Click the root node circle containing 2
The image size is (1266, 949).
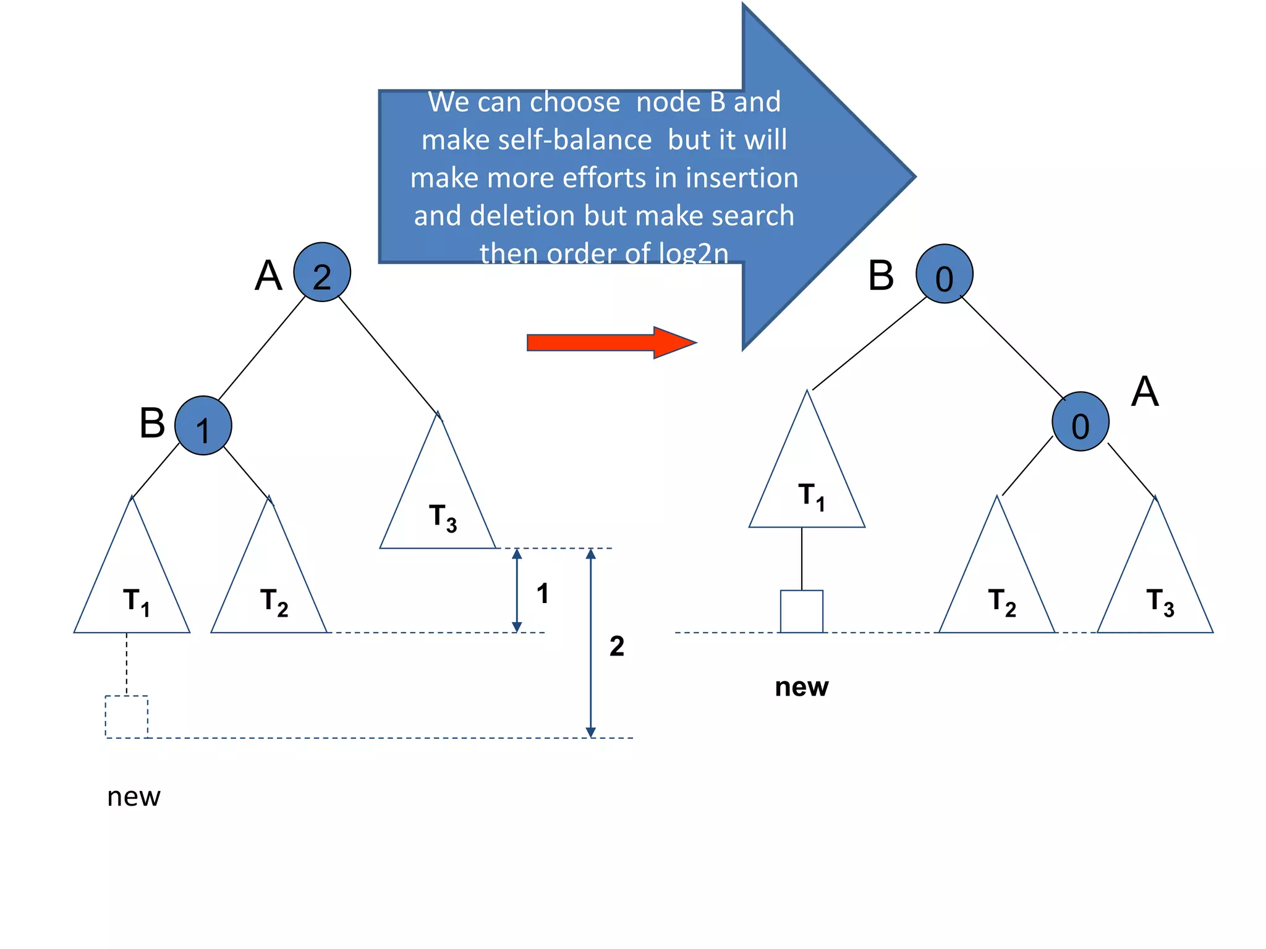(x=321, y=272)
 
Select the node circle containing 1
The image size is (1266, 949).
(x=203, y=426)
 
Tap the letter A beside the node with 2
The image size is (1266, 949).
(x=268, y=276)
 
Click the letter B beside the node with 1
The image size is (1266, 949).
(x=152, y=423)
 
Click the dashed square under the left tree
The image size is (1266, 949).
(x=127, y=717)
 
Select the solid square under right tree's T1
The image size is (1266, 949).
(x=801, y=612)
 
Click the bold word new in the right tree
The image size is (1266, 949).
(x=801, y=687)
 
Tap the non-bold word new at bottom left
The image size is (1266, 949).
(x=134, y=797)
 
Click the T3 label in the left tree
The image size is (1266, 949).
(x=443, y=517)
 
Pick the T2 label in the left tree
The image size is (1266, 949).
(x=274, y=602)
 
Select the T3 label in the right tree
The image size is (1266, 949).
(x=1160, y=602)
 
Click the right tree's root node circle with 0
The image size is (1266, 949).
(x=944, y=274)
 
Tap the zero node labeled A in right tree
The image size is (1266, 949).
(x=1080, y=422)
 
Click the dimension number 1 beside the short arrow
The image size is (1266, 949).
(x=543, y=594)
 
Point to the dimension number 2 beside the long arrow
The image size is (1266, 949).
(x=616, y=646)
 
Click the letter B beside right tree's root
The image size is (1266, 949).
(x=881, y=276)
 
